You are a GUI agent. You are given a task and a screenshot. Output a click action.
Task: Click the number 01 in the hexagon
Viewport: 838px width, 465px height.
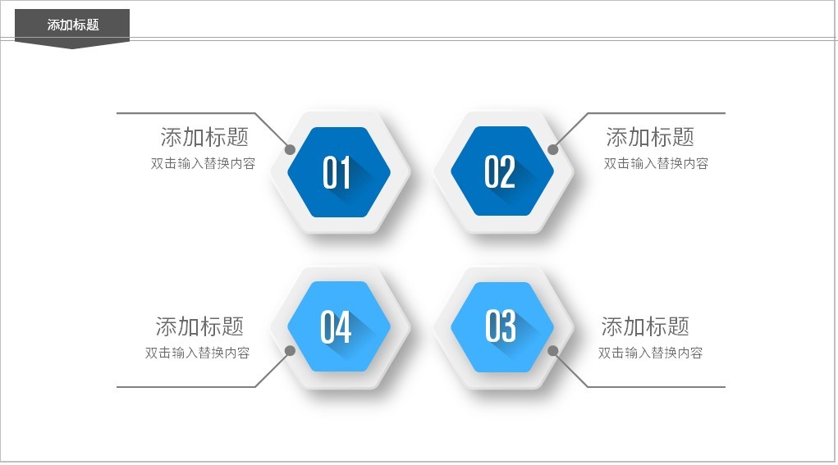(x=337, y=172)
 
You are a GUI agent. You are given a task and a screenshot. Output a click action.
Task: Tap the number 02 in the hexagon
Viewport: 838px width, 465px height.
(x=500, y=172)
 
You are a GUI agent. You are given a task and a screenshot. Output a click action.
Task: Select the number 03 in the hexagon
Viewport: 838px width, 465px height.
(x=501, y=326)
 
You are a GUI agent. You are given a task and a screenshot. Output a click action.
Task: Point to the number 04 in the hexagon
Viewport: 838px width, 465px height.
(x=336, y=327)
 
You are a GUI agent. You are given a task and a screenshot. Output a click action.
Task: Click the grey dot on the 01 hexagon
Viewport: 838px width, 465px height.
(x=290, y=149)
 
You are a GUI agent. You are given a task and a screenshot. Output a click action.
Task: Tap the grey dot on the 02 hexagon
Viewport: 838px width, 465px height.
(x=553, y=149)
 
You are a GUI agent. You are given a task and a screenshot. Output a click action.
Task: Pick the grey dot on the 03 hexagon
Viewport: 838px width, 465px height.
(x=553, y=350)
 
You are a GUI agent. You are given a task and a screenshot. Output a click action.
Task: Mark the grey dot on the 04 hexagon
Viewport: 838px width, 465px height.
(x=290, y=350)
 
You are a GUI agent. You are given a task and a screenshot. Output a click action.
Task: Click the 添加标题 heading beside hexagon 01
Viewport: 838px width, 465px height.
(x=204, y=137)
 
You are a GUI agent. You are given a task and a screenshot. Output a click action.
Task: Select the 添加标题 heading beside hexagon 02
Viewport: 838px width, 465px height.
(x=650, y=137)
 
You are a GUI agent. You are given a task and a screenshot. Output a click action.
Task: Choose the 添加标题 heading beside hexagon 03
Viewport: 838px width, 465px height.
(x=645, y=326)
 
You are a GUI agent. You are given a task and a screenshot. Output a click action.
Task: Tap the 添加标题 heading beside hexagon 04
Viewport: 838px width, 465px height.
(x=199, y=326)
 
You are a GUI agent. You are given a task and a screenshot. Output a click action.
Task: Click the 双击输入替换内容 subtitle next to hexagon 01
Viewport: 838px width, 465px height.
(x=203, y=163)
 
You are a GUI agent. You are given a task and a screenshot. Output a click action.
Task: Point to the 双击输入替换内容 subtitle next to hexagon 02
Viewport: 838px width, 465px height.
(x=656, y=163)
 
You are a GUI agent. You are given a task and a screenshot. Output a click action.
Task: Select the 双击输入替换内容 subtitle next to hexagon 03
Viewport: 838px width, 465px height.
(x=650, y=353)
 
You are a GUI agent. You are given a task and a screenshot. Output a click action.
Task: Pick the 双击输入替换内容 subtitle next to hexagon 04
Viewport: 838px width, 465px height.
(x=197, y=353)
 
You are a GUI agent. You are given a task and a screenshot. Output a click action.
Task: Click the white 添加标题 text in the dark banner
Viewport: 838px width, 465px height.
(x=73, y=25)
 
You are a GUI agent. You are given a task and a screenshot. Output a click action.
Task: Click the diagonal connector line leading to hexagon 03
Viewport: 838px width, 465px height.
(x=570, y=369)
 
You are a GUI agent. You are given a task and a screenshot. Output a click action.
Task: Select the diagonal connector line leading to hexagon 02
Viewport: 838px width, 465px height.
(x=570, y=131)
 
